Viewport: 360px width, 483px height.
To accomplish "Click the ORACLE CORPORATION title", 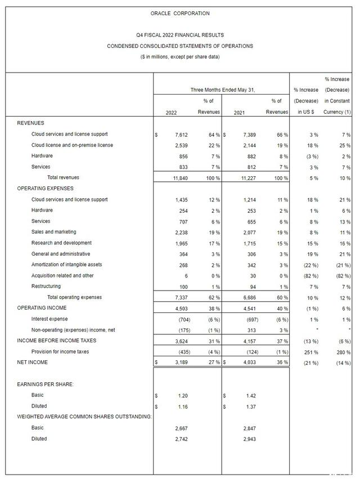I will tap(180, 13).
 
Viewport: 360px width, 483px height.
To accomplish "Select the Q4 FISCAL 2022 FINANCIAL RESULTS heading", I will tap(180, 35).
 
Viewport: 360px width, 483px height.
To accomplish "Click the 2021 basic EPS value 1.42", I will tap(249, 395).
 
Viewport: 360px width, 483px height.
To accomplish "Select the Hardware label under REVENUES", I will tap(42, 156).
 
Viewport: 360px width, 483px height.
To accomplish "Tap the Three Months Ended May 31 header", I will tap(222, 90).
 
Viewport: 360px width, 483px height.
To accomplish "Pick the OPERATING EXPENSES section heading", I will tap(45, 189).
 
